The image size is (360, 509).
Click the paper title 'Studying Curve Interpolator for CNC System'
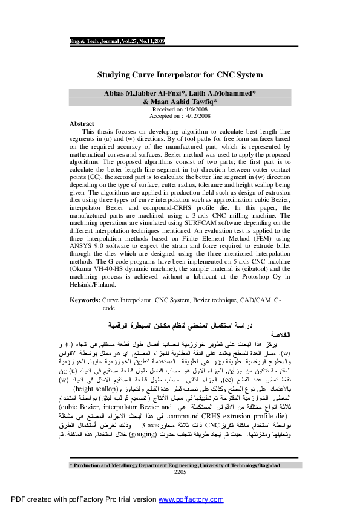tap(180, 75)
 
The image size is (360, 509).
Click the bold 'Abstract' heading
tap(82, 123)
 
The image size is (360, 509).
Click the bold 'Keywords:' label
tap(85, 300)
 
